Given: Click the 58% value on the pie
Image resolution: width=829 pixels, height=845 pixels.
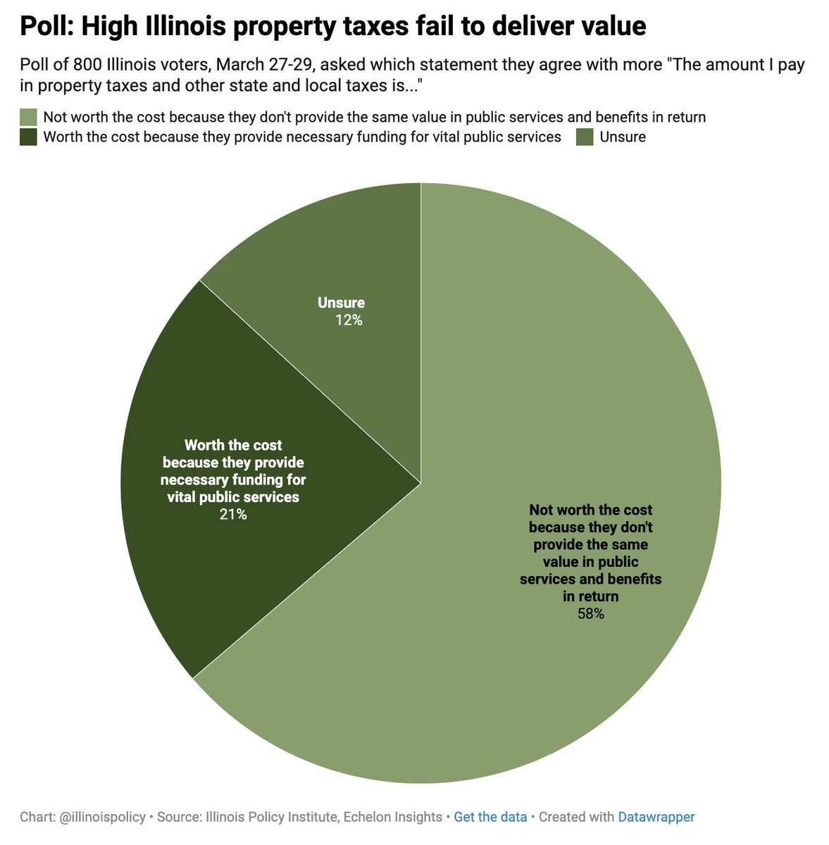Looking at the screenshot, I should click(590, 613).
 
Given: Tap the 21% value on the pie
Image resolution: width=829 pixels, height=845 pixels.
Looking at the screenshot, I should click(233, 515).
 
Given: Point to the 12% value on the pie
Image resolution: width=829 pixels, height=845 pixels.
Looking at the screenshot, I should click(349, 320).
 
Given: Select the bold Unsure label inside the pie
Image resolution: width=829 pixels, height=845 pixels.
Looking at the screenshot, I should click(341, 303).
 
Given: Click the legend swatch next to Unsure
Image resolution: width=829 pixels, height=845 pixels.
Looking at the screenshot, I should click(585, 137).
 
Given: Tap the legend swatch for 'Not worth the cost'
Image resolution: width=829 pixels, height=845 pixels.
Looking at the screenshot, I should click(28, 117).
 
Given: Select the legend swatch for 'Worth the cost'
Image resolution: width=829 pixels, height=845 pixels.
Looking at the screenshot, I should click(28, 137).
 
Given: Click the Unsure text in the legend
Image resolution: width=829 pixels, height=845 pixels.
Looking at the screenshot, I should click(623, 137).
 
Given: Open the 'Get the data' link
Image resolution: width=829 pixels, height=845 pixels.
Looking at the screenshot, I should click(490, 817).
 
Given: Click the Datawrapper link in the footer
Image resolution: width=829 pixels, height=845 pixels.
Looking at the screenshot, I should click(656, 817).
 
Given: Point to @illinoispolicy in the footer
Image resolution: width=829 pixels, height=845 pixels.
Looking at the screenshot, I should click(101, 817).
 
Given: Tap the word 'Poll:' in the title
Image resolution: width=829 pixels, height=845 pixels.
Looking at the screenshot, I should click(46, 27).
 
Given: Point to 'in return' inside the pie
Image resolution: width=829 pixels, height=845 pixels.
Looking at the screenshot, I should click(590, 596).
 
